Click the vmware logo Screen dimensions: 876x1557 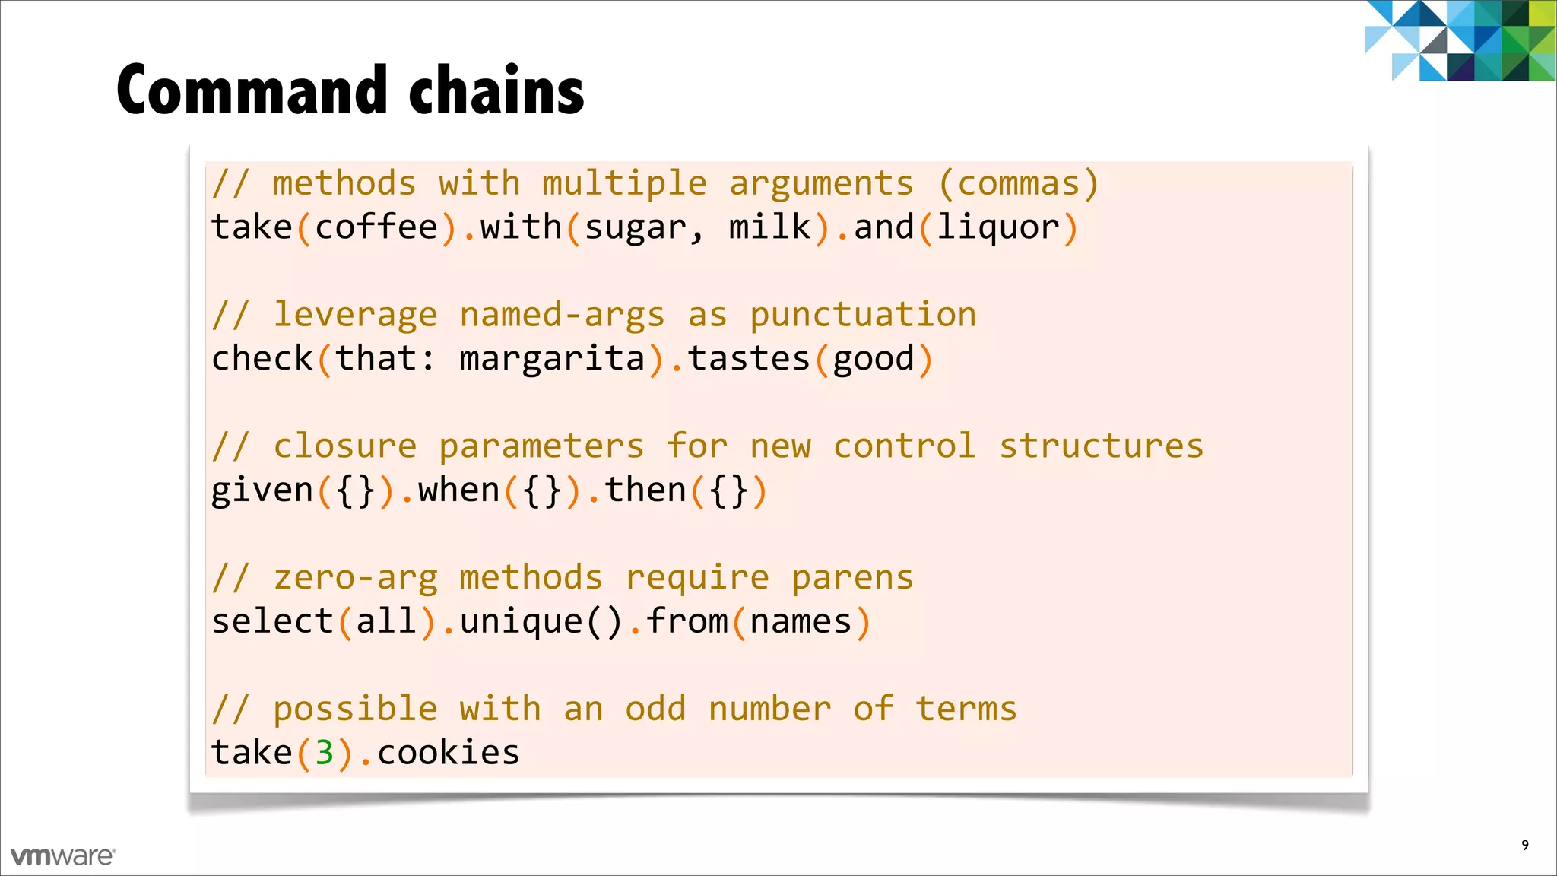tap(63, 856)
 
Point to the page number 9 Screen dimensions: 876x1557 tap(1524, 845)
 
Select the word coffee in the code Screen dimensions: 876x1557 tap(376, 227)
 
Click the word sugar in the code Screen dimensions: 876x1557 tap(636, 228)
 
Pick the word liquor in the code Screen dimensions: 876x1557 tap(997, 228)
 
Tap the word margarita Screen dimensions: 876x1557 tap(552, 359)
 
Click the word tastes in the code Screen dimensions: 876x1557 tap(749, 359)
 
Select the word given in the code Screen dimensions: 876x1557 tap(262, 490)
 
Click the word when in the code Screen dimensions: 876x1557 tap(458, 490)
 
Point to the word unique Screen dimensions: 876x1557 tap(521, 622)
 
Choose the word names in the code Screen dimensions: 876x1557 tap(801, 622)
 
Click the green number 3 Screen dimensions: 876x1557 tap(325, 753)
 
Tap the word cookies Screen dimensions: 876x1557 tap(449, 753)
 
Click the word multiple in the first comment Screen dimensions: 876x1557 tap(624, 184)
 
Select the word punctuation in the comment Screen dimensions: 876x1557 tap(863, 316)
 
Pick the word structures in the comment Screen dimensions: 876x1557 tap(1101, 446)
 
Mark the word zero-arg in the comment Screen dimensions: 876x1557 tap(355, 578)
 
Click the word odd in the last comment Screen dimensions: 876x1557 tap(655, 709)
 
